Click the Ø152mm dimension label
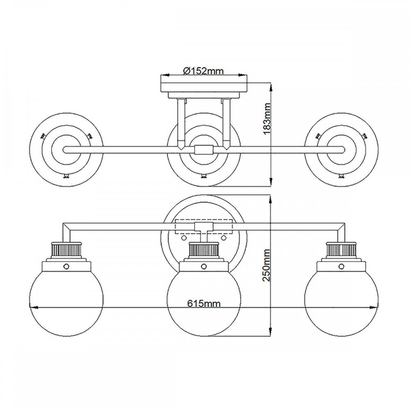tap(203, 71)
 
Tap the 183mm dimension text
tap(267, 118)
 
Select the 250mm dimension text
tap(266, 265)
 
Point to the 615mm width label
tap(204, 303)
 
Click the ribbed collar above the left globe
tap(66, 250)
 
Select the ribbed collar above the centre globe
tap(204, 250)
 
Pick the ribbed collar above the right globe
tap(341, 250)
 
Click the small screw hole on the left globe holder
tap(66, 266)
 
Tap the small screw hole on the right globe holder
tap(341, 266)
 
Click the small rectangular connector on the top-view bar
tap(204, 150)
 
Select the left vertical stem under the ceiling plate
tap(181, 123)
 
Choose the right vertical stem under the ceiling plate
tap(226, 123)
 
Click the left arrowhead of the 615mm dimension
tap(33, 307)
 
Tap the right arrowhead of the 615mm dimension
tap(375, 307)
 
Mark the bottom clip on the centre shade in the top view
tap(204, 176)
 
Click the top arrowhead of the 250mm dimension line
tap(271, 200)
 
